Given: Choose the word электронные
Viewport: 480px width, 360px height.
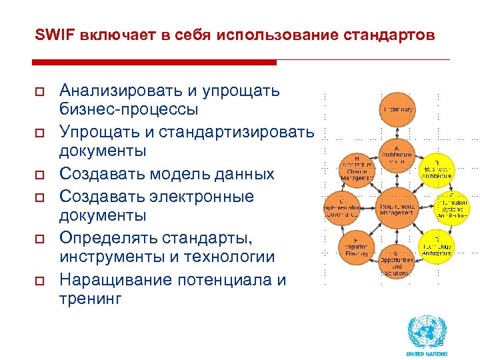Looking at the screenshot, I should (x=201, y=197).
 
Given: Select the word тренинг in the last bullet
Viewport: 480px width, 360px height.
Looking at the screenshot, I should (x=91, y=299).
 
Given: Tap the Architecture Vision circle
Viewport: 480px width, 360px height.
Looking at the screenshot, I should (x=397, y=157).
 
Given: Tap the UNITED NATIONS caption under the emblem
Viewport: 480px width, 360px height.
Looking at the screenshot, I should (x=427, y=353).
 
